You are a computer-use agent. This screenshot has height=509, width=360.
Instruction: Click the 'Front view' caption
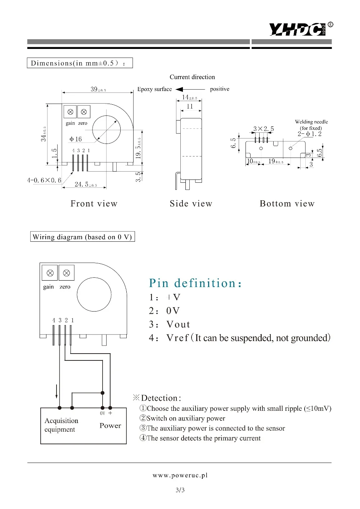(x=94, y=204)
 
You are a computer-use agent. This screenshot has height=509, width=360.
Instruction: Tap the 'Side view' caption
(x=191, y=204)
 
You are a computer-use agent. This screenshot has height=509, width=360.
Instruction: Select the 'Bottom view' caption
(x=287, y=204)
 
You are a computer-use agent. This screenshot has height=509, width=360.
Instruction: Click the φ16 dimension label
(x=76, y=139)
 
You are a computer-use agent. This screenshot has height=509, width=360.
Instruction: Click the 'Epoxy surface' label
(x=154, y=89)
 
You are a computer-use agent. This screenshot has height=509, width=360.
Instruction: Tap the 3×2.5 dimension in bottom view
(x=264, y=129)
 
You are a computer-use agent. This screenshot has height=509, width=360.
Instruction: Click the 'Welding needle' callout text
(x=311, y=122)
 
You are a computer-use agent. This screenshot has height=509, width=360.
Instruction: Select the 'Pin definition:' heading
(x=195, y=283)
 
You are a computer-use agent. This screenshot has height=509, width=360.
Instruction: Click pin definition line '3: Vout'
(x=170, y=324)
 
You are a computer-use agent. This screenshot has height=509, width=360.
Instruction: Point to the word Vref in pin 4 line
(x=177, y=338)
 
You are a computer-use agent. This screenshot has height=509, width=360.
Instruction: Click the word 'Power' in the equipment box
(x=110, y=426)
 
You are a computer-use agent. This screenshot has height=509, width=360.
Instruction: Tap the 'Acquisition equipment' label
(x=61, y=425)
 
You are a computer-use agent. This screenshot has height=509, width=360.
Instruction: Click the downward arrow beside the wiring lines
(x=57, y=391)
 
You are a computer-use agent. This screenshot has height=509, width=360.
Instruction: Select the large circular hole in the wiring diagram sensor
(x=94, y=295)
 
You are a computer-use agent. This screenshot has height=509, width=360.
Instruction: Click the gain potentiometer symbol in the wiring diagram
(x=50, y=273)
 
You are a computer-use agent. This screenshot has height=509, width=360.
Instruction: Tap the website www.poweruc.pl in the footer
(x=180, y=475)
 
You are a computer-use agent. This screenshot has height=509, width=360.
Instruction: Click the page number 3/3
(x=180, y=490)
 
